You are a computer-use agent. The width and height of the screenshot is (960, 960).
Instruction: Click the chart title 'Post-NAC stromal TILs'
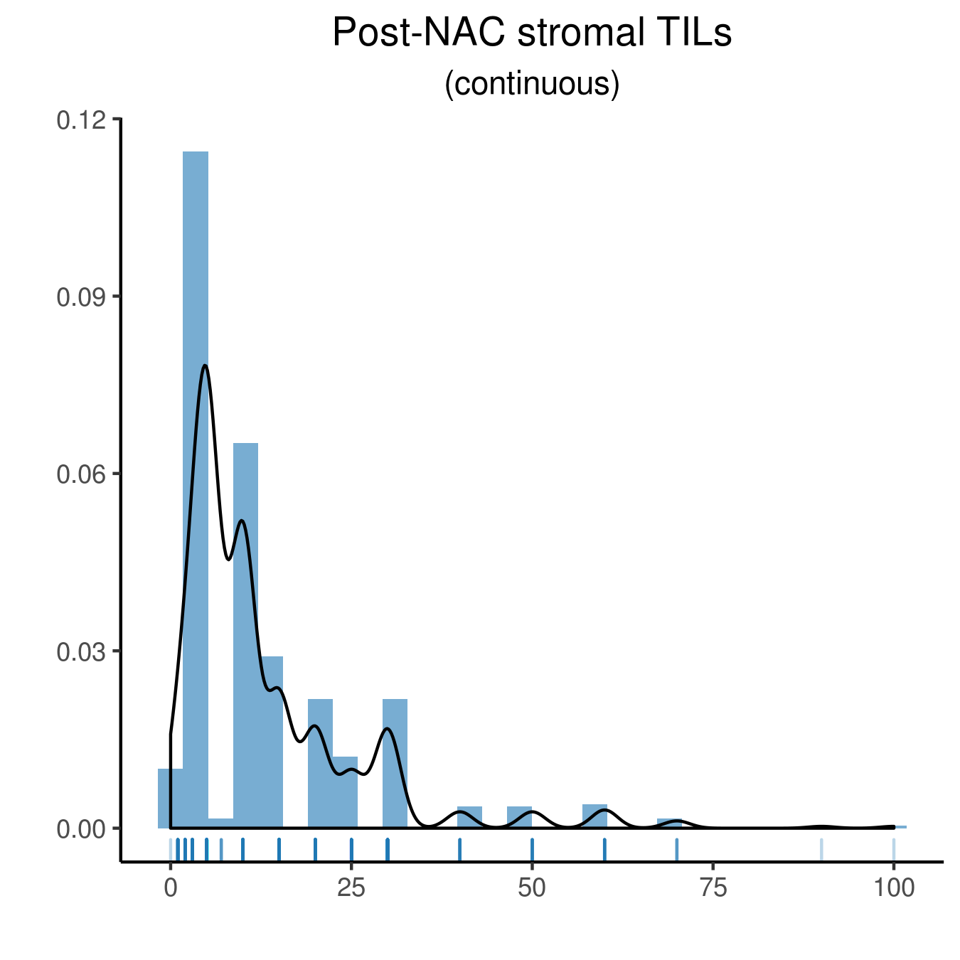532,33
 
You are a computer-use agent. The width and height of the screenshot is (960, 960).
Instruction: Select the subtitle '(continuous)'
532,84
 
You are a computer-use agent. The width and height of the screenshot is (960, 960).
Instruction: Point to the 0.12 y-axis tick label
81,121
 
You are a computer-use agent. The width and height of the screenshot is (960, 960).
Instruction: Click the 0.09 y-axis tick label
81,298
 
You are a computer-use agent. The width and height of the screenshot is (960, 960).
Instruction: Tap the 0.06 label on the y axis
81,474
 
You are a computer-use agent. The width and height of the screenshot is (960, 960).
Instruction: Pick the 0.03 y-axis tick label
81,651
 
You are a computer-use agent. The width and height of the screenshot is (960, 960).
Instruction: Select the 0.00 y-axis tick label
81,829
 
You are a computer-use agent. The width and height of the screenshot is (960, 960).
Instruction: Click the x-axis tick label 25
351,888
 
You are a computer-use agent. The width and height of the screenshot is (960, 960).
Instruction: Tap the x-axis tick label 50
532,888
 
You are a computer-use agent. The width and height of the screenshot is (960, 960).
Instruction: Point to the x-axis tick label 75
713,888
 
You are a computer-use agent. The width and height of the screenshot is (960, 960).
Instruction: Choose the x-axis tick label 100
894,888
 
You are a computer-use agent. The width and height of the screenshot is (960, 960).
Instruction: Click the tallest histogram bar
196,490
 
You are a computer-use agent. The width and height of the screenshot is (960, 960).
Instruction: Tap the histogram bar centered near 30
395,764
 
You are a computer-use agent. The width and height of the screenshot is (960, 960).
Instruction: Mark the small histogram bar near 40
469,817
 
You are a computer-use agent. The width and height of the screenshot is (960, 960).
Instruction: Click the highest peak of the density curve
205,366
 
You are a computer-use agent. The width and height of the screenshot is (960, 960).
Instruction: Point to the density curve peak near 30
388,728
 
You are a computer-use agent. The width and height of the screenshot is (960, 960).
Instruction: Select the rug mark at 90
821,849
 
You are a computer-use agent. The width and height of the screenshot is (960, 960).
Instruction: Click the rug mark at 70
676,849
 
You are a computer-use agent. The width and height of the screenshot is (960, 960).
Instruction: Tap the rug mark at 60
604,849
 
